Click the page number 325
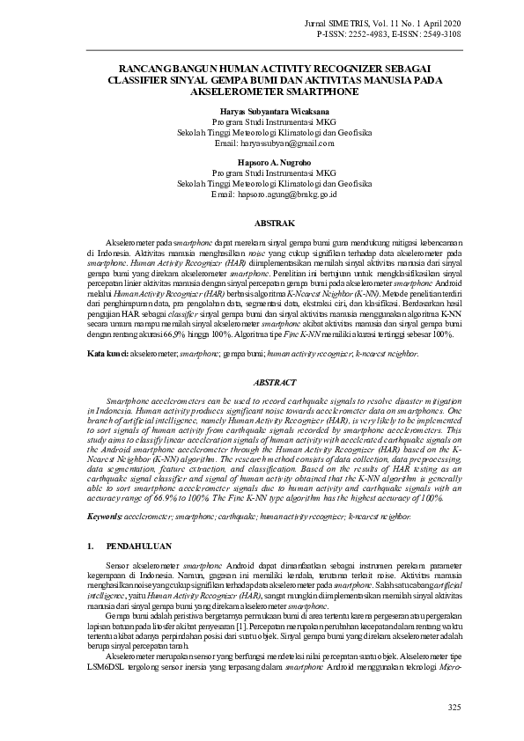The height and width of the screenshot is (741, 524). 454,708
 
